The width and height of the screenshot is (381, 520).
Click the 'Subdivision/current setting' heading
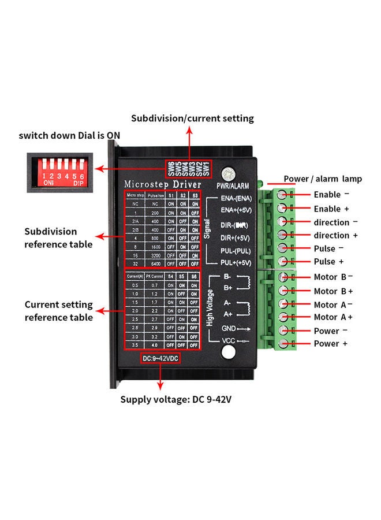click(192, 118)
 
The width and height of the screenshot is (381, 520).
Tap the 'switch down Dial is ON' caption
click(69, 136)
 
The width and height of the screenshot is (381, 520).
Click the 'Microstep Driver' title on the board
click(163, 184)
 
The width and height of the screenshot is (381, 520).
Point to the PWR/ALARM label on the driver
click(233, 186)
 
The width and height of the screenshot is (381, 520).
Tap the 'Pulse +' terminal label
click(333, 262)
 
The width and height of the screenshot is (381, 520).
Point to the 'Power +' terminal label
click(331, 344)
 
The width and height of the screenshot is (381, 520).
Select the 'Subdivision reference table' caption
click(58, 238)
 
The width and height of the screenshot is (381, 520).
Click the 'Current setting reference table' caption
click(58, 311)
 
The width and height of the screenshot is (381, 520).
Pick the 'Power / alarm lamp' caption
click(323, 179)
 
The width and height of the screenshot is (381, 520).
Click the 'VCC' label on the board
click(229, 341)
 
